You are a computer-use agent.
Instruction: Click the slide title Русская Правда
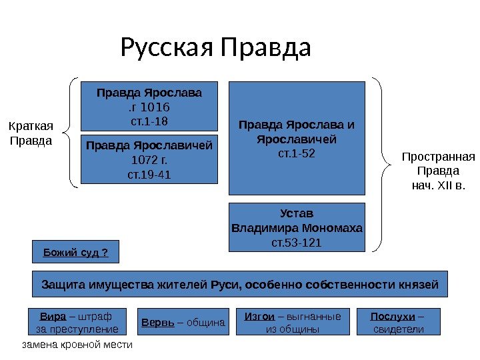[x=215, y=48]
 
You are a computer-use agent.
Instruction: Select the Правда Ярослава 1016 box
[x=149, y=105]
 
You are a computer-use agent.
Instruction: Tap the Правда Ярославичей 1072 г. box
[x=149, y=159]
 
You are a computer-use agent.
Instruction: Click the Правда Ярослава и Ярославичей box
[x=297, y=137]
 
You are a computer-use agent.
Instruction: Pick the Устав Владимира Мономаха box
[x=297, y=227]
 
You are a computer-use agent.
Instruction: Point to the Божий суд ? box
[x=75, y=252]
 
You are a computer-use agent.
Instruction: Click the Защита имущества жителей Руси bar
[x=240, y=284]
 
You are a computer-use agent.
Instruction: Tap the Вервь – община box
[x=183, y=322]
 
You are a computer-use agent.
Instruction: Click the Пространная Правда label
[x=438, y=170]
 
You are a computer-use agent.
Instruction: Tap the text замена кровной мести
[x=77, y=345]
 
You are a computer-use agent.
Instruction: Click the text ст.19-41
[x=149, y=175]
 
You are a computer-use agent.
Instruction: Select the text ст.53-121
[x=297, y=242]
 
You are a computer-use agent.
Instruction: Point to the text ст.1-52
[x=297, y=153]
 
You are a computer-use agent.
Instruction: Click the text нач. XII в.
[x=438, y=183]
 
